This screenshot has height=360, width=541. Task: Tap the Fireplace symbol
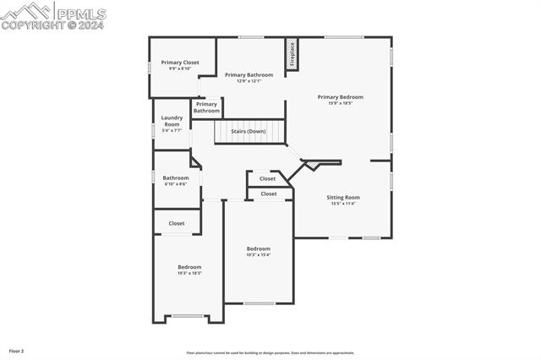click(x=292, y=54)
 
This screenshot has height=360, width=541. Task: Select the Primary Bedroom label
click(x=346, y=97)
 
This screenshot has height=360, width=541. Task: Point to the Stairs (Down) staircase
click(x=249, y=132)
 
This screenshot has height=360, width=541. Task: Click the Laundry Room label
click(x=172, y=124)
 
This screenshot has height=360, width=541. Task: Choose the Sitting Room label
click(x=343, y=198)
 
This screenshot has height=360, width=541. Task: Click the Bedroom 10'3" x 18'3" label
click(x=189, y=270)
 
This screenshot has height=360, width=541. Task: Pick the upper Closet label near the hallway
click(x=267, y=178)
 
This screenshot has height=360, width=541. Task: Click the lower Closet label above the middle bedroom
click(x=268, y=194)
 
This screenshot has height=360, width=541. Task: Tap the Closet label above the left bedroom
click(x=176, y=223)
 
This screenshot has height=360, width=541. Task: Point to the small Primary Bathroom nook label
click(x=206, y=107)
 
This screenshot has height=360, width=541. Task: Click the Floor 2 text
click(x=17, y=350)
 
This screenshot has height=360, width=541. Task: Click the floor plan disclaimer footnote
click(x=270, y=353)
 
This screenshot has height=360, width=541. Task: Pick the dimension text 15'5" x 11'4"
click(x=342, y=204)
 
